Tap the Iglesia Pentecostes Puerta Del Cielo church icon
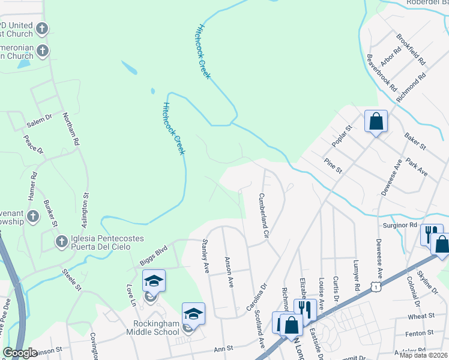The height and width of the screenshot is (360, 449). point(61,242)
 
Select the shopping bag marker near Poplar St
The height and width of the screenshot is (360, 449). point(376,121)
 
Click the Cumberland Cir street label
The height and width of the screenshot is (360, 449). point(262,214)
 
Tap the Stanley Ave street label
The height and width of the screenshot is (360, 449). point(205,256)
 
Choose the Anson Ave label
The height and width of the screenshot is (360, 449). point(229,272)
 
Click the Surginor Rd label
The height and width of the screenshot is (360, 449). point(400,225)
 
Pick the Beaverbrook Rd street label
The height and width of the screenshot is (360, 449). point(382,73)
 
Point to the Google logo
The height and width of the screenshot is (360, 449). point(20,353)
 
